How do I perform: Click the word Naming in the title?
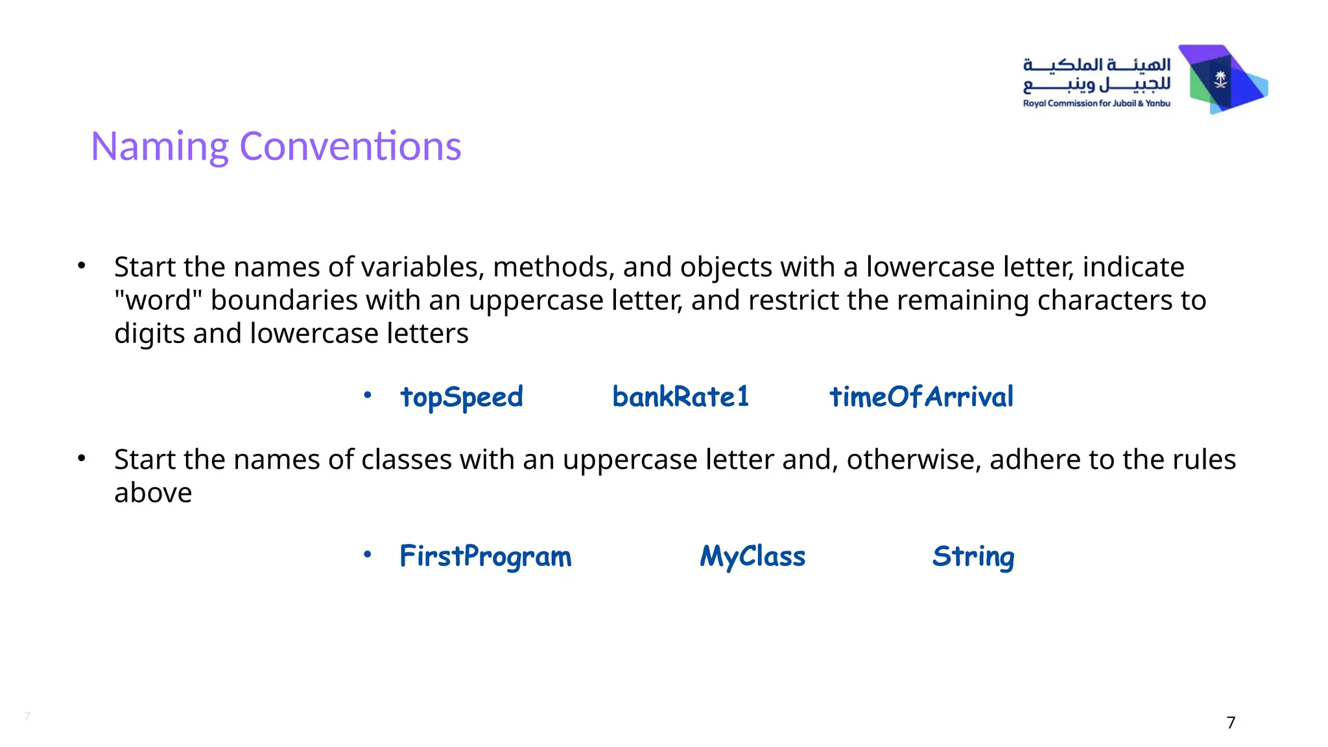160,147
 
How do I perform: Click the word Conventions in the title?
350,147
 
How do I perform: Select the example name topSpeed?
461,397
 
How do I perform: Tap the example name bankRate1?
680,397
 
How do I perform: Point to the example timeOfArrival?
921,397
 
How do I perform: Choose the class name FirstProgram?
485,556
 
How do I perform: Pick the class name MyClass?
752,556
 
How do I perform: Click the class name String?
973,556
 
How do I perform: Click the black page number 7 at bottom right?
1231,722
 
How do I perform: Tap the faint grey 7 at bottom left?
27,716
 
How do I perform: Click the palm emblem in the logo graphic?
1220,80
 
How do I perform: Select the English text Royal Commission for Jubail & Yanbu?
1096,104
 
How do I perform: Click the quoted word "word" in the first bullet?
158,300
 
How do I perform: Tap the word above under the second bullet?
153,493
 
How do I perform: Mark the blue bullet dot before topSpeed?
368,394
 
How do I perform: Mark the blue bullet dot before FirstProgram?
368,554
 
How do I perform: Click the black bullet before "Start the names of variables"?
81,265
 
